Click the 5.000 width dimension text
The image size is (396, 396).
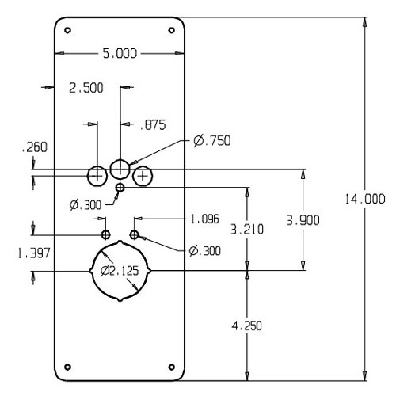click(x=120, y=53)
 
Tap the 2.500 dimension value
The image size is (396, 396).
click(x=86, y=88)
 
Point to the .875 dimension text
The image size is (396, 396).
click(x=152, y=124)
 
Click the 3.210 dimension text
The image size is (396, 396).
click(x=246, y=229)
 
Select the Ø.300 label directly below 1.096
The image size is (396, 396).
click(x=205, y=250)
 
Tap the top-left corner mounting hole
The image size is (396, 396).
click(x=68, y=31)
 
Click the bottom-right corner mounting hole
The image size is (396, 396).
click(x=172, y=366)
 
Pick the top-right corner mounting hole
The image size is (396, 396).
click(x=172, y=31)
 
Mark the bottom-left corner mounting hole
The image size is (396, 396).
click(x=68, y=366)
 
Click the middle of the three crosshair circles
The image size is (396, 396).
click(x=120, y=168)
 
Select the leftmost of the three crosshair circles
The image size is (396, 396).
click(x=97, y=174)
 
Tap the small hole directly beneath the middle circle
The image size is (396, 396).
click(x=120, y=187)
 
